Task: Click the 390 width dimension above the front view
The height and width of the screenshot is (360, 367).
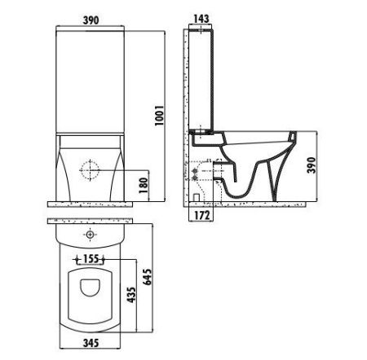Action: coord(90,18)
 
